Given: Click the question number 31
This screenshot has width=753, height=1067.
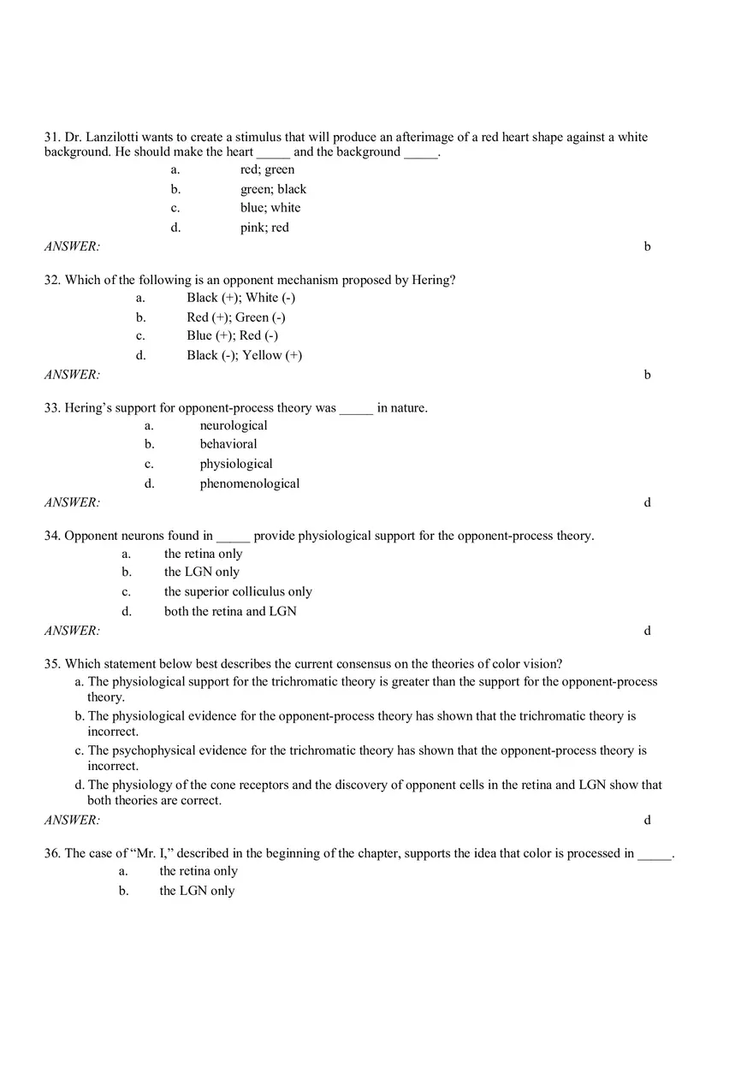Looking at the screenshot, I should (52, 137).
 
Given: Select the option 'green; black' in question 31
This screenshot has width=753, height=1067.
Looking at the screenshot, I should (272, 189).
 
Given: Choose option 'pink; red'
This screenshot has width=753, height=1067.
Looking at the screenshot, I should (264, 228).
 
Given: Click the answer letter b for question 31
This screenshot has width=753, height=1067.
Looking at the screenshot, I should (647, 246).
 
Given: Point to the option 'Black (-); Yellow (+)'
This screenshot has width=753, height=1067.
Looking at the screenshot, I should (244, 355).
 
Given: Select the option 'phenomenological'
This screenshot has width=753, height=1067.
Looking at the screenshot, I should (249, 483).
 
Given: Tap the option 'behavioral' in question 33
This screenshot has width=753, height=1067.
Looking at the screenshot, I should (228, 444).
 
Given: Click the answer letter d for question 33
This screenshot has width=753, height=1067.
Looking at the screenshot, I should (647, 502).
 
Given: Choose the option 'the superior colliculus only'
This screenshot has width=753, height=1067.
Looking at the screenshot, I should (238, 591).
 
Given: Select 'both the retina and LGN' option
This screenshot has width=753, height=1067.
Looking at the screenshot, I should (230, 611).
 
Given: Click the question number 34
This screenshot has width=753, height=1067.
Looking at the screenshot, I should (52, 536).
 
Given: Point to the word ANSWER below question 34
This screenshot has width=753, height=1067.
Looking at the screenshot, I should (72, 631).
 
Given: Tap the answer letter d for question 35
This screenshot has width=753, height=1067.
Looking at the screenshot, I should (647, 820).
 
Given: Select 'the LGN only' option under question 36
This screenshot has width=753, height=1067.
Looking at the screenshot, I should (197, 891).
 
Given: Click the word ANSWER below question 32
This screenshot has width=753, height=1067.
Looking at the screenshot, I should (72, 374).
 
